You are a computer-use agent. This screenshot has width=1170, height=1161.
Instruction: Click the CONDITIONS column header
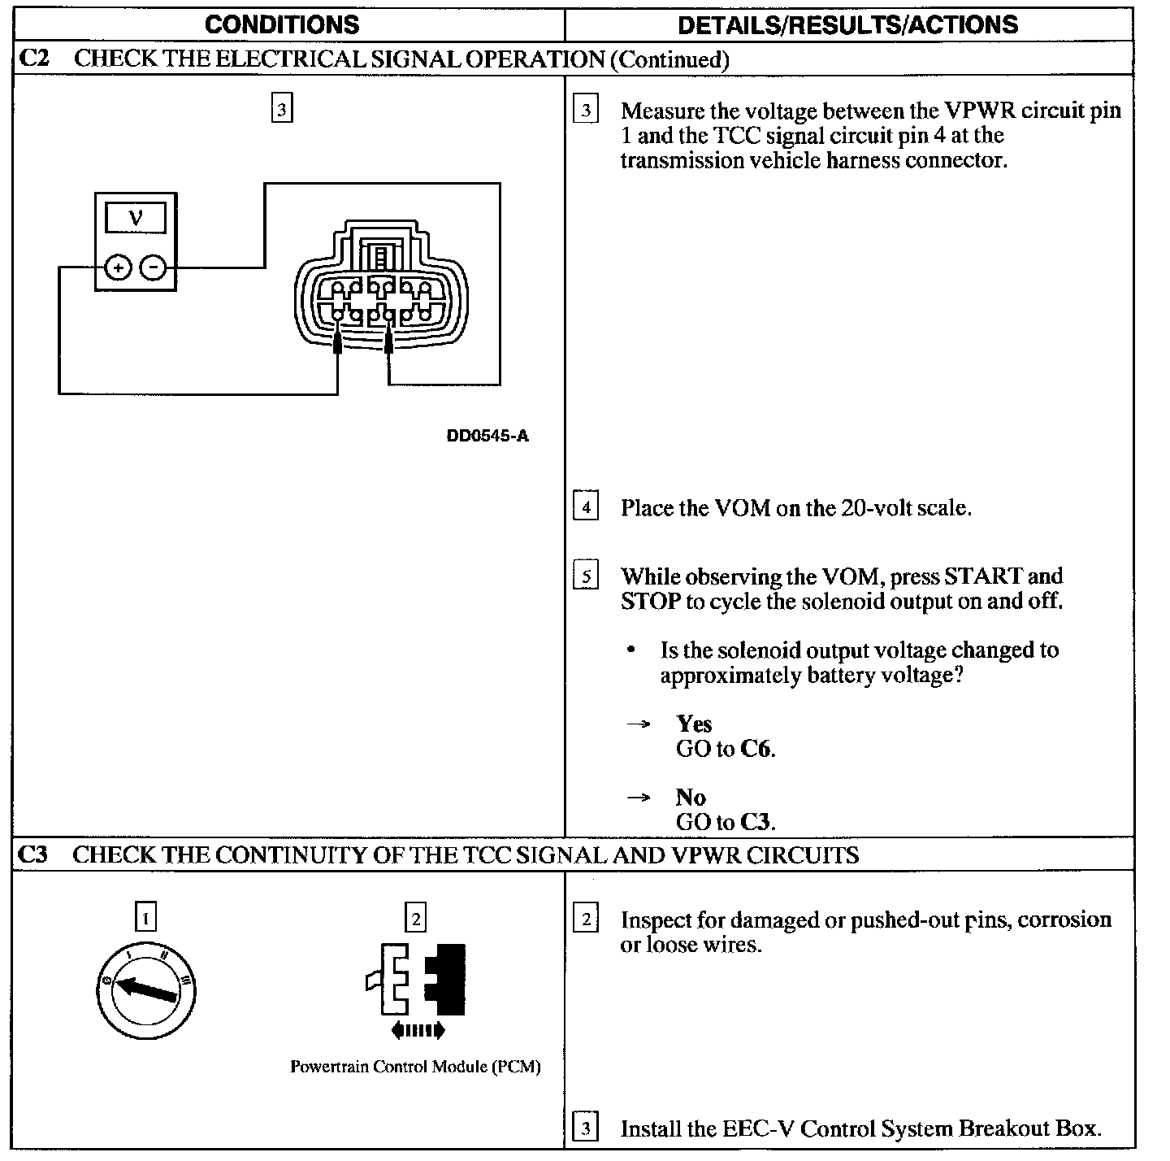coord(282,24)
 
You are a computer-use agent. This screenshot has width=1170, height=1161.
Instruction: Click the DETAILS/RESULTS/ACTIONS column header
coord(847,24)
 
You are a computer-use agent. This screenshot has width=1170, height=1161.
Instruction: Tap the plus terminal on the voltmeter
coord(119,267)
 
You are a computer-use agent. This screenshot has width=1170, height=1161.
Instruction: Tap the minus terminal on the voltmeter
coord(154,267)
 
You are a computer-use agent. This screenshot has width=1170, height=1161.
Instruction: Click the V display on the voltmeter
coord(136,218)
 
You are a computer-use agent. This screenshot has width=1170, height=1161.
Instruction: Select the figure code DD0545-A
coord(487,436)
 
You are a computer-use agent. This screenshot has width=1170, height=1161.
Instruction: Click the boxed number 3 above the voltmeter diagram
coord(281,109)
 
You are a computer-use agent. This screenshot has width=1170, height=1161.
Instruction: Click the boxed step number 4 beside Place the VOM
coord(586,507)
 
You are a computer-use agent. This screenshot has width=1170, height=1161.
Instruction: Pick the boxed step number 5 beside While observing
coord(586,576)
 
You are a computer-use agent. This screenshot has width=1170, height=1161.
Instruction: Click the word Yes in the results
coord(694,723)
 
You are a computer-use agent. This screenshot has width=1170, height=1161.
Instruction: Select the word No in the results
coord(690,797)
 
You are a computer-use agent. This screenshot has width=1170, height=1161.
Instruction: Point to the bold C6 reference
coord(756,748)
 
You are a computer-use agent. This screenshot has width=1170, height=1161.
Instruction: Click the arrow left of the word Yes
coord(639,724)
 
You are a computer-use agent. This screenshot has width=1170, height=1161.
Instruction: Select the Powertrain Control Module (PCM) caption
coord(415,1067)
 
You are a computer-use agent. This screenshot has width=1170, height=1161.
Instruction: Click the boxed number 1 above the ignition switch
coord(145,919)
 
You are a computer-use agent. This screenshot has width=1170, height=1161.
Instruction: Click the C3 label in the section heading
coord(33,854)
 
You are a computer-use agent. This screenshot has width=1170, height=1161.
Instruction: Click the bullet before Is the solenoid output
coord(631,650)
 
